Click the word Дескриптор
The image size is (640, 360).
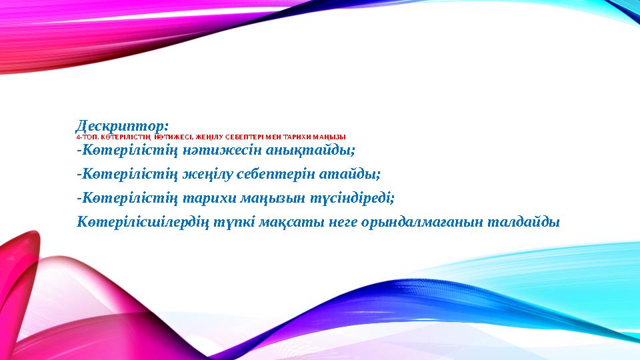pos(121,125)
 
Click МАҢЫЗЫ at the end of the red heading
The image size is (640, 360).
pos(329,137)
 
